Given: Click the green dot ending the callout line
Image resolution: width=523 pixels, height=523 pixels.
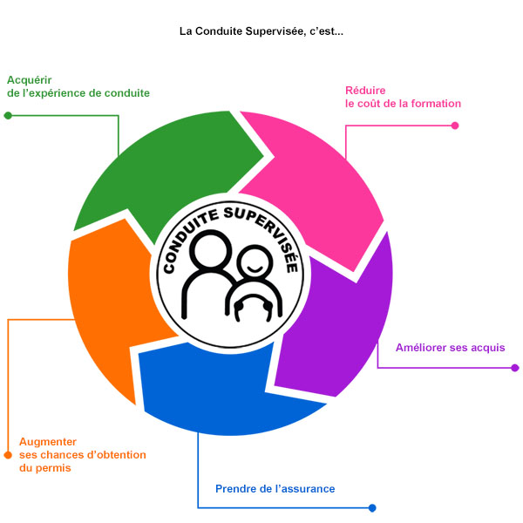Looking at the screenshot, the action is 8,116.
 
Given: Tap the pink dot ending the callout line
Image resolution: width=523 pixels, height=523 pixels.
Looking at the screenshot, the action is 455,126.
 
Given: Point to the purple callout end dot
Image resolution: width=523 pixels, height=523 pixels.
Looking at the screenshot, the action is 515,368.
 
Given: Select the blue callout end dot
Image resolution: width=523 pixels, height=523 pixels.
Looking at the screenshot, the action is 372,508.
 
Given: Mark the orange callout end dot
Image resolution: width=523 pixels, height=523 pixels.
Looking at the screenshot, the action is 8,455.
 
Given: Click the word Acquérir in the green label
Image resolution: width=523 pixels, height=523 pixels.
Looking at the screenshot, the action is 30,80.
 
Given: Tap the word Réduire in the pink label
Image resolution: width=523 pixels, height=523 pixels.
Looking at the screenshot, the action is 365,91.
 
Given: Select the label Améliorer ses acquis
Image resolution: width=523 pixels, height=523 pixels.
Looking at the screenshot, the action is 451,348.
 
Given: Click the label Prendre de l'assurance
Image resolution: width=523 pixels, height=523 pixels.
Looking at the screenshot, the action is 275,489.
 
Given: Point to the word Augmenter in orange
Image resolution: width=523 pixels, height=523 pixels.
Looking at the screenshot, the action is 48,442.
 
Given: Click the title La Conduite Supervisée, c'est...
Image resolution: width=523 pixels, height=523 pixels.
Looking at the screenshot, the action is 261,31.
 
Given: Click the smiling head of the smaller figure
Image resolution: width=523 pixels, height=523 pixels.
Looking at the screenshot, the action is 255,261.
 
